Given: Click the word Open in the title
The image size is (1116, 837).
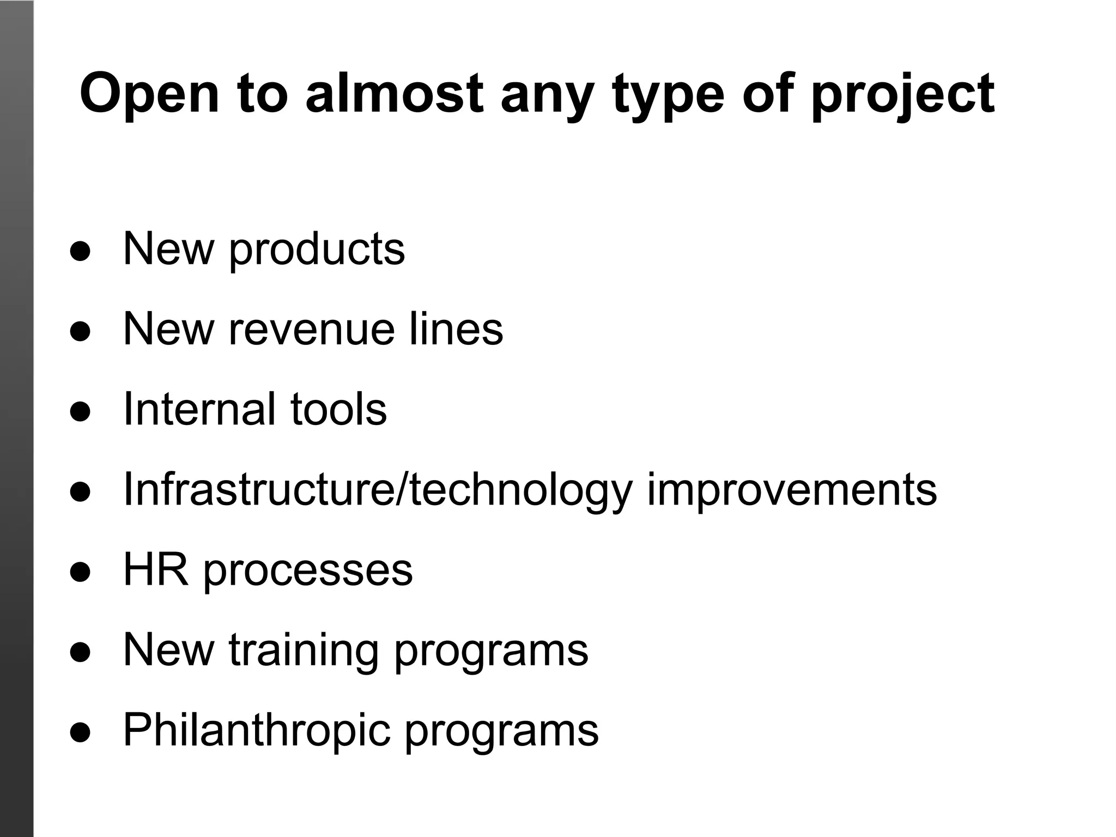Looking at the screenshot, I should pos(149,94).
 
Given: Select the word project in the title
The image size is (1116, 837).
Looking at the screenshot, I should pos(902,94).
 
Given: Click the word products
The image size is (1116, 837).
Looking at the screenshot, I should pos(317,250).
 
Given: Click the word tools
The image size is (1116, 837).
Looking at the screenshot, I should pos(338,409).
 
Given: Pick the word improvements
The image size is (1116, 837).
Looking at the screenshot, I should pos(792,489).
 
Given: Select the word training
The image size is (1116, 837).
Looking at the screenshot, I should pos(304,650).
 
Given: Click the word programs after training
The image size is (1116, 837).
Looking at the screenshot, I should pos(491,650).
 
